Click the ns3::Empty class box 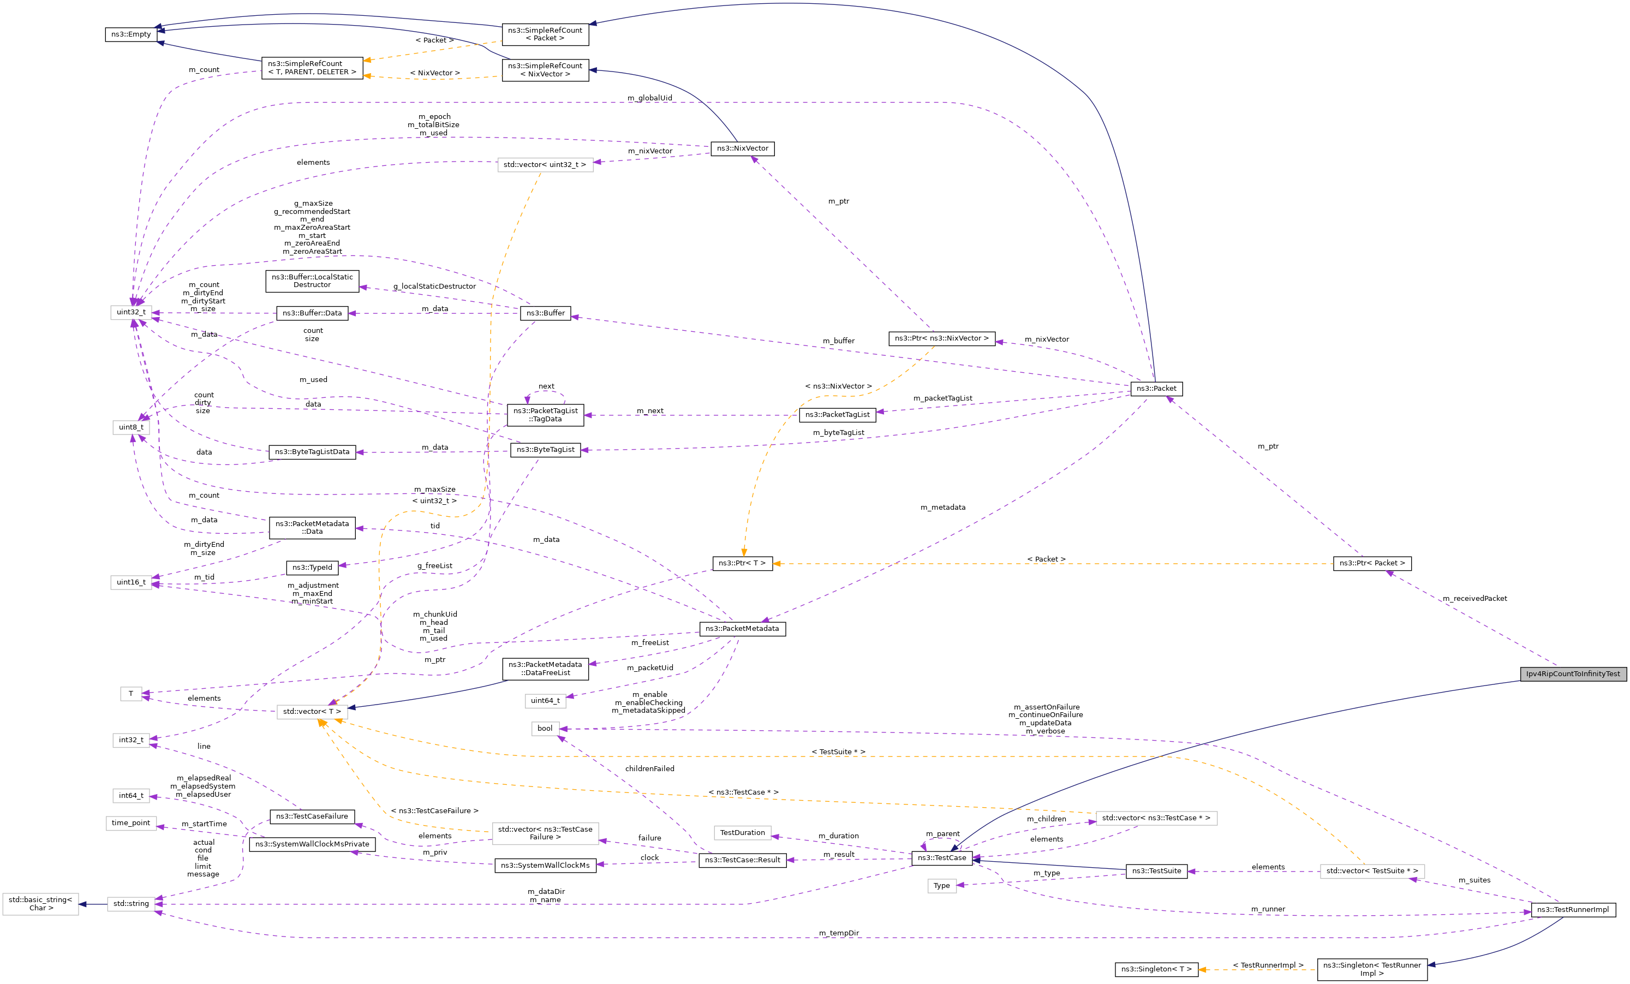click(x=131, y=34)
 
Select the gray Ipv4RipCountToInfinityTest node click(x=1573, y=673)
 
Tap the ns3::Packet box click(x=1156, y=389)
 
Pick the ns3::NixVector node click(x=742, y=148)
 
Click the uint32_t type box click(x=131, y=312)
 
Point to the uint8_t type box click(x=131, y=427)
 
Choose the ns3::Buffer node click(x=545, y=313)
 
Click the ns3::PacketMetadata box click(x=742, y=628)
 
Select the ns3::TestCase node click(x=941, y=857)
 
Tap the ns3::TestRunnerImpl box click(x=1573, y=909)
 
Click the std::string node click(x=131, y=903)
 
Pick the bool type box click(x=545, y=728)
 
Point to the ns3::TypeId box click(x=312, y=567)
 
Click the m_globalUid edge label click(x=649, y=98)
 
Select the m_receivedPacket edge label click(x=1474, y=598)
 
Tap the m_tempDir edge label click(x=838, y=933)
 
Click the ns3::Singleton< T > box click(x=1156, y=969)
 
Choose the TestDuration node click(x=742, y=832)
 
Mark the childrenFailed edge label click(x=649, y=768)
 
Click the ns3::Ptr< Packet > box click(x=1372, y=563)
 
